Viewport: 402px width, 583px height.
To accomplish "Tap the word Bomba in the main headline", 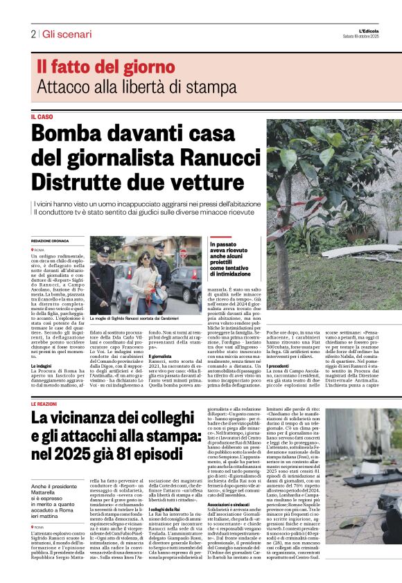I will [64, 132].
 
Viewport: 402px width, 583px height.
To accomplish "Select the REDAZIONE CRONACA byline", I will [51, 240].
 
